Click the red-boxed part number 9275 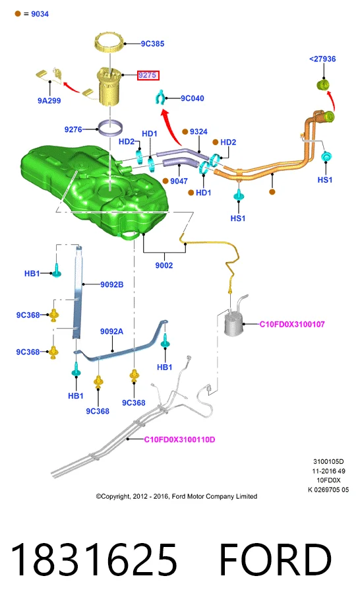point(148,75)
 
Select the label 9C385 point(152,44)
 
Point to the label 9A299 point(49,100)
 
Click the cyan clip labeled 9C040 point(160,98)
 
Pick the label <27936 point(322,59)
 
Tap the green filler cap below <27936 point(324,84)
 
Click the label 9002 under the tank point(164,265)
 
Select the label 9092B point(111,284)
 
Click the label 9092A point(111,331)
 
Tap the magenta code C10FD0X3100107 point(292,324)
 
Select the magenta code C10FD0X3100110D point(179,439)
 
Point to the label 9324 point(198,131)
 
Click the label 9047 point(179,181)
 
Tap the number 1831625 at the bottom point(94,560)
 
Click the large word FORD point(276,560)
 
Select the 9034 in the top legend point(40,14)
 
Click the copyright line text point(176,496)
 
